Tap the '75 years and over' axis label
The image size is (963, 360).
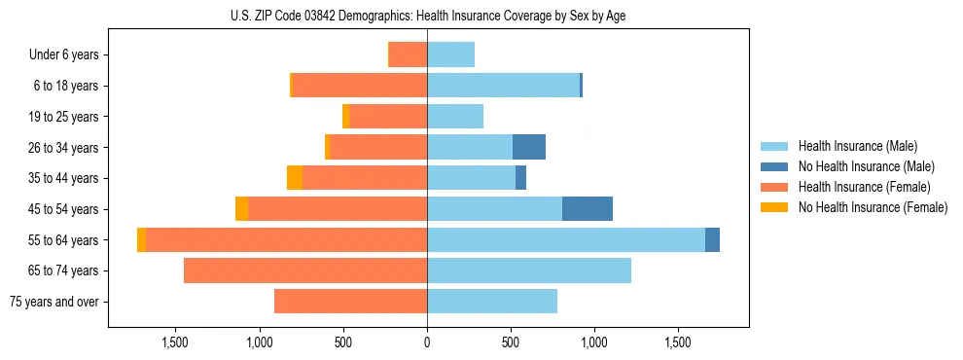point(54,302)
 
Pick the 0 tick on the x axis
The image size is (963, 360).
point(427,343)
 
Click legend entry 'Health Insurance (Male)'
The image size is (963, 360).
point(857,147)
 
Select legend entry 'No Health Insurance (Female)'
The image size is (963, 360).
point(873,207)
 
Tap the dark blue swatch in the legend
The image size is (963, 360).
point(774,167)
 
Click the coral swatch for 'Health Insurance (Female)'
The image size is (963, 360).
point(774,187)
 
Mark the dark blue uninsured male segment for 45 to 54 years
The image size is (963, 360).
point(588,209)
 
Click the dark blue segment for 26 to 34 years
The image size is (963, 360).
point(529,147)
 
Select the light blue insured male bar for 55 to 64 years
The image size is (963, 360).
point(566,239)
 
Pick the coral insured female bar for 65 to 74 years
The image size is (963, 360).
point(305,270)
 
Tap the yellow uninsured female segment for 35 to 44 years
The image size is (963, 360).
point(295,178)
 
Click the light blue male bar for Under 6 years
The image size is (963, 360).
point(450,55)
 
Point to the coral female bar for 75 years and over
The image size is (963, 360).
point(350,302)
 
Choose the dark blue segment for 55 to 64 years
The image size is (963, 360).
point(712,239)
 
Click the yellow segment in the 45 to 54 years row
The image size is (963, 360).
point(241,209)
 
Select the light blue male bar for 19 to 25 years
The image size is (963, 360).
point(455,117)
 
